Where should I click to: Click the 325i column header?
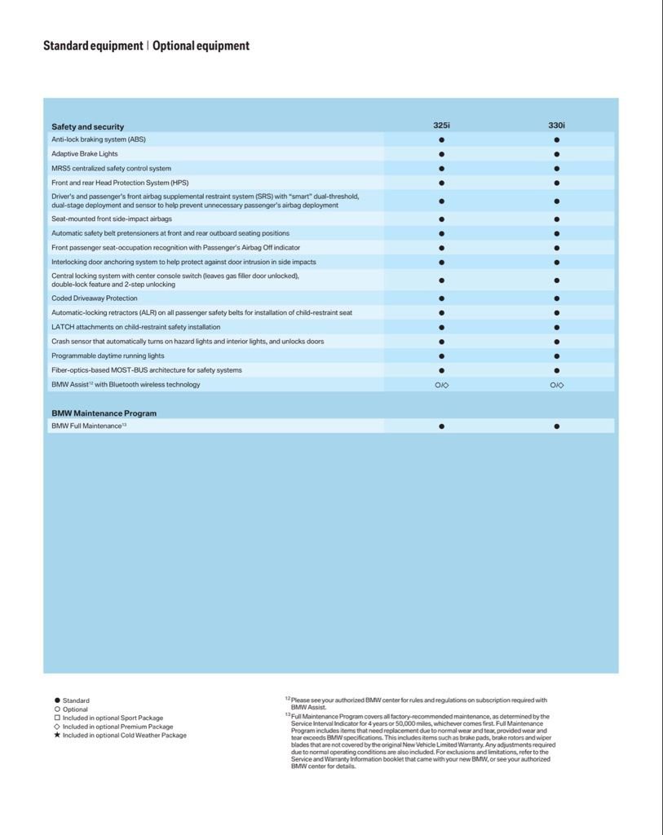[441, 126]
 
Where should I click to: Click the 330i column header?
[556, 126]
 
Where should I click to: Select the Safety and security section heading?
[87, 126]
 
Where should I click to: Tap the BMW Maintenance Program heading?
[104, 413]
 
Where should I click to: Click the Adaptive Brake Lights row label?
[85, 154]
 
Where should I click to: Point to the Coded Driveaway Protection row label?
[95, 298]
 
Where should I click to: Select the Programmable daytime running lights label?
[108, 356]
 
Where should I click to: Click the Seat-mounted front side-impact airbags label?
[112, 219]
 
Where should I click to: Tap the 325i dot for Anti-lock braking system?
[441, 140]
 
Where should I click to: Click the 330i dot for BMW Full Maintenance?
[556, 426]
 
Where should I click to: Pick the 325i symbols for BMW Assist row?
[441, 385]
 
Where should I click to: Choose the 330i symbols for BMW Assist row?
[556, 385]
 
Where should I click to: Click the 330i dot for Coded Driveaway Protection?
[556, 298]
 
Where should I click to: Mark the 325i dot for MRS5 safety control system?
[441, 169]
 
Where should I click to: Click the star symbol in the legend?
[57, 736]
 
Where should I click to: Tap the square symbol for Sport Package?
[57, 718]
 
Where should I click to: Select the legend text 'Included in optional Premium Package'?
[118, 727]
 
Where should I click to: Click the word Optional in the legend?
[76, 709]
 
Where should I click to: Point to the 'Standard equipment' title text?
[93, 46]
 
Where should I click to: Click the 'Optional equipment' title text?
[201, 46]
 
